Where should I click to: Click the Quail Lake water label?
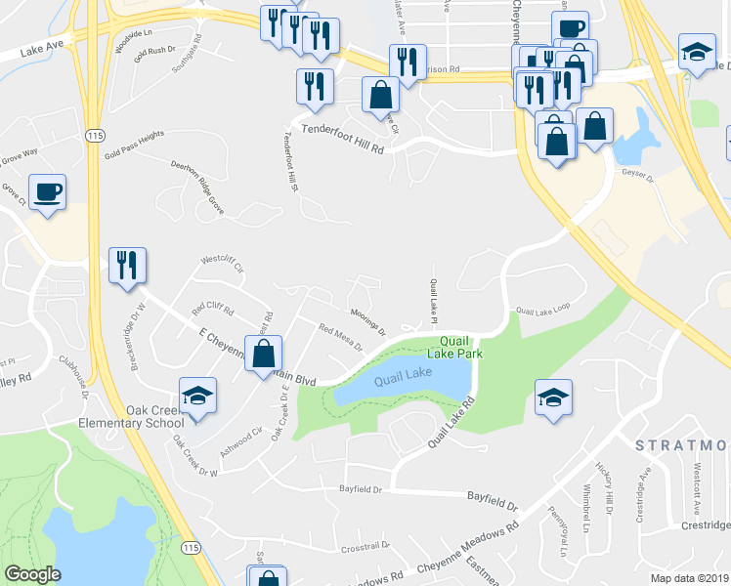click(402, 375)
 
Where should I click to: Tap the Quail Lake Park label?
click(460, 348)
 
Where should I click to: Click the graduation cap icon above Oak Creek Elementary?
click(198, 397)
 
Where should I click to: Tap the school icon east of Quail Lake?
click(553, 398)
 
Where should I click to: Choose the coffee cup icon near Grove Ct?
click(47, 191)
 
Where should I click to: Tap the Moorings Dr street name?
click(368, 320)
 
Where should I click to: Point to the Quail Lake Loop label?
click(542, 311)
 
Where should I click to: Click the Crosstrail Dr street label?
click(365, 546)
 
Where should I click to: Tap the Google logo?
click(33, 574)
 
